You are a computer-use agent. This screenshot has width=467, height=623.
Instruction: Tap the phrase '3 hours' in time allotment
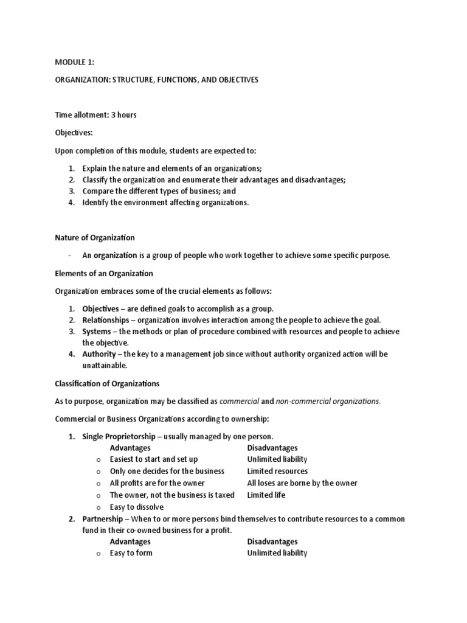(123, 115)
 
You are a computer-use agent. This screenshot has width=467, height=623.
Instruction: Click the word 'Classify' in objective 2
(97, 179)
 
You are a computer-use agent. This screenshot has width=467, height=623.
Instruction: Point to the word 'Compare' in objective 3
(99, 191)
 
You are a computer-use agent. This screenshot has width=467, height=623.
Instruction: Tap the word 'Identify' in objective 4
(97, 203)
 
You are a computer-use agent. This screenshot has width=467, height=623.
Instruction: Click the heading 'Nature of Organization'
(95, 237)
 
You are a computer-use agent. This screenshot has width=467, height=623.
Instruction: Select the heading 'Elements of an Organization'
(104, 273)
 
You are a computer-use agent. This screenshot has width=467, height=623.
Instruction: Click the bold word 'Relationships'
(106, 320)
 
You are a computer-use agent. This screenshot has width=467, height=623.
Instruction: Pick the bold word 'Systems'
(97, 332)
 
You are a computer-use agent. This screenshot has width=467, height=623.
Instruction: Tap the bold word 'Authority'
(99, 353)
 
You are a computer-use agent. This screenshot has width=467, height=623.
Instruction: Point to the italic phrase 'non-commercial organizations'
(328, 401)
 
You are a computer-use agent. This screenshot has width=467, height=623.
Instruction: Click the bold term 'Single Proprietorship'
(123, 436)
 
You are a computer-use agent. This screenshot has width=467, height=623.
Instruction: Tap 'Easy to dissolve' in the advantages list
(137, 507)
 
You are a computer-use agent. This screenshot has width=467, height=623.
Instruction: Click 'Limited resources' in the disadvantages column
(277, 471)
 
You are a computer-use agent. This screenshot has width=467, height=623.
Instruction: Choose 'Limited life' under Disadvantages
(266, 495)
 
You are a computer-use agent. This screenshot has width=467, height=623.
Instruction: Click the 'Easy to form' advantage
(131, 553)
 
